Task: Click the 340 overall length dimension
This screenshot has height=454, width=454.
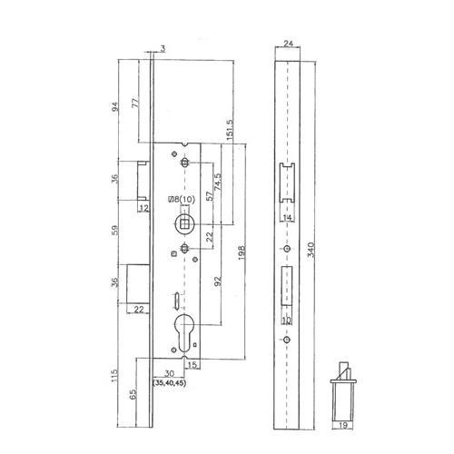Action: tap(311, 250)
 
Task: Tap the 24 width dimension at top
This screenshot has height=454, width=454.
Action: tap(289, 44)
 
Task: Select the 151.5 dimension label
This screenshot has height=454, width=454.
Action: tap(230, 130)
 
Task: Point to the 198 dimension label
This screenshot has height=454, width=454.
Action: tap(242, 252)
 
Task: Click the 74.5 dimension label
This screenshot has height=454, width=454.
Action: tap(218, 182)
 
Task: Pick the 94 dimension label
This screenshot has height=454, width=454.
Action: tap(115, 106)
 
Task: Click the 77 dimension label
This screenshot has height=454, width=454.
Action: tap(136, 103)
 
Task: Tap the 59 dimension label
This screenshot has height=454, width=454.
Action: tap(115, 230)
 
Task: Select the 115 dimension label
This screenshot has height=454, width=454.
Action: tap(114, 375)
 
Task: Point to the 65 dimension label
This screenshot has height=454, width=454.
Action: tap(133, 393)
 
